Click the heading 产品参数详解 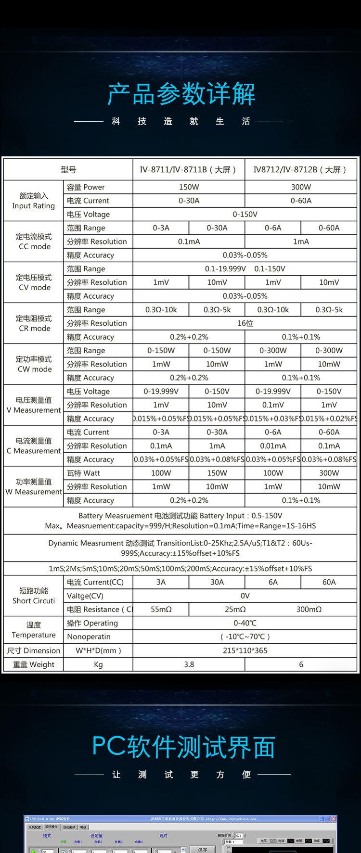(x=181, y=94)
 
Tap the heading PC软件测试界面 (x=183, y=747)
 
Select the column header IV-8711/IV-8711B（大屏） (x=189, y=169)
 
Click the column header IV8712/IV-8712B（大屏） (x=301, y=169)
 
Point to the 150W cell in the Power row (x=189, y=187)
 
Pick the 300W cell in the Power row (x=301, y=187)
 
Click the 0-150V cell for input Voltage (x=245, y=215)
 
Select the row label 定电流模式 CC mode (x=34, y=242)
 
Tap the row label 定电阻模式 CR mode (x=34, y=323)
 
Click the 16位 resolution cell (x=245, y=323)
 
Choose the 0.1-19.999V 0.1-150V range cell (x=245, y=269)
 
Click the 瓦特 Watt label (x=84, y=473)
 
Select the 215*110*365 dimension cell (x=245, y=650)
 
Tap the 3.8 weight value (x=189, y=664)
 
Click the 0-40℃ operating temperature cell (x=245, y=623)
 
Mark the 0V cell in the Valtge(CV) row (x=245, y=596)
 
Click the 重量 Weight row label (x=34, y=664)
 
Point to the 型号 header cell (x=68, y=169)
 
